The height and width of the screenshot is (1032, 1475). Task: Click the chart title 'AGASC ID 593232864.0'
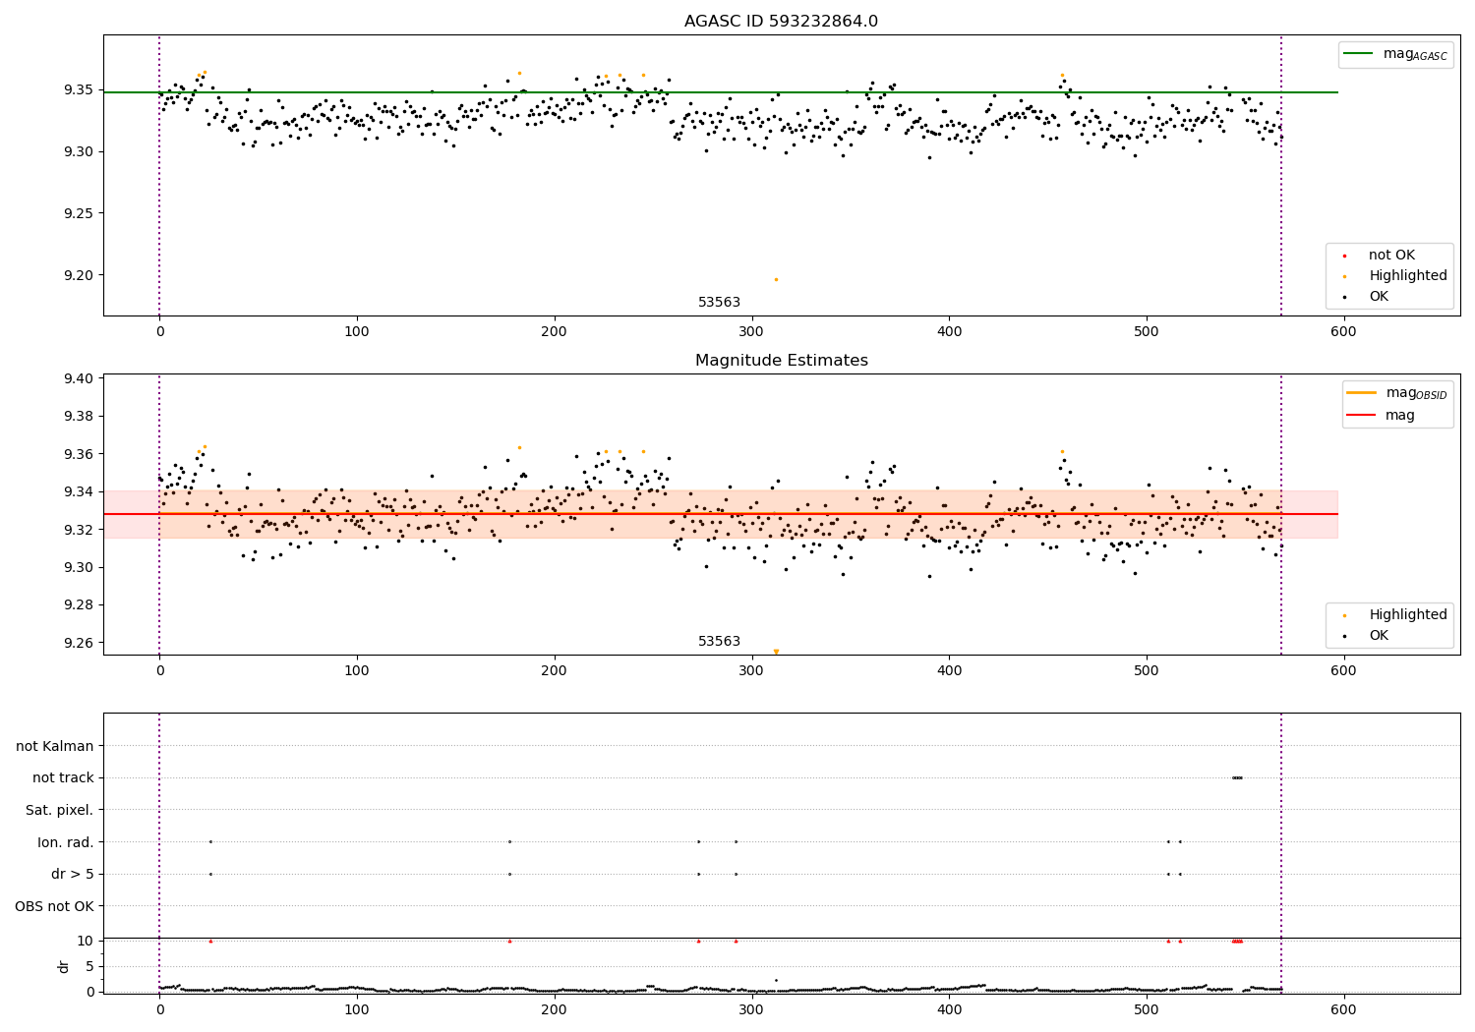(x=781, y=22)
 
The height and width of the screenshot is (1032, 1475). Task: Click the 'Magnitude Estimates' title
(x=781, y=361)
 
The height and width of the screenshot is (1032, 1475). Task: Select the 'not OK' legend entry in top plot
(x=1391, y=256)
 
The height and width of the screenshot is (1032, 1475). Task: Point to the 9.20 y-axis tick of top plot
(x=76, y=275)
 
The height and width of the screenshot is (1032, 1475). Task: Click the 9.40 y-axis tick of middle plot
(x=76, y=378)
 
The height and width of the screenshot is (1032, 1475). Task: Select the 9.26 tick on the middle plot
(x=76, y=643)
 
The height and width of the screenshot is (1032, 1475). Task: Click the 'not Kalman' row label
(x=54, y=746)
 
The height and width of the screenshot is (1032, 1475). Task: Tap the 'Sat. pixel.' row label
(x=59, y=810)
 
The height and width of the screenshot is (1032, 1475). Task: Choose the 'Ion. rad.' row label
(x=65, y=842)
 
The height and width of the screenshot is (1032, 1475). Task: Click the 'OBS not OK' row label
(x=54, y=906)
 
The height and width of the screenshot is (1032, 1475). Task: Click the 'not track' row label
(x=63, y=777)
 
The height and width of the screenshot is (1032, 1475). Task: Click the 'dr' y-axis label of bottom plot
(x=64, y=966)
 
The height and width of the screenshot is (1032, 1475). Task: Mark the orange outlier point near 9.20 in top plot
(x=776, y=279)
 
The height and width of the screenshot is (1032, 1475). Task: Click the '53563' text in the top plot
(x=719, y=303)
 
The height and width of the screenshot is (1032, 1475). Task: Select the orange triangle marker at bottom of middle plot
(x=776, y=651)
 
